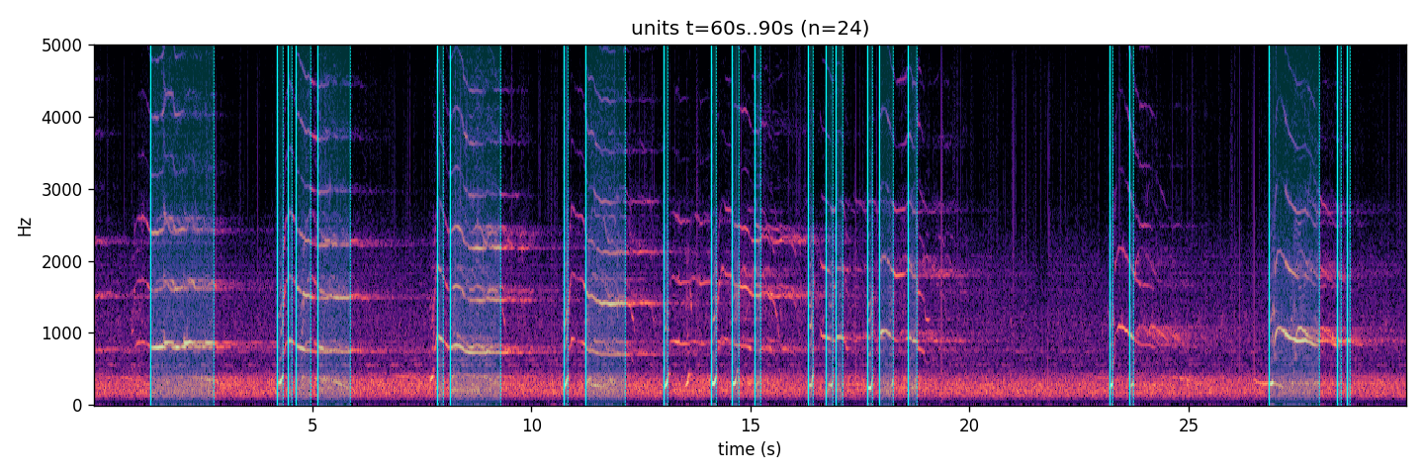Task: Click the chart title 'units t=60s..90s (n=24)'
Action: (750, 28)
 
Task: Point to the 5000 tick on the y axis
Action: (61, 46)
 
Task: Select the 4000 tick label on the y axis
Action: (61, 118)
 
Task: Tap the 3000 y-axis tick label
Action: (61, 189)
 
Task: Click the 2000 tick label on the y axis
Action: (61, 261)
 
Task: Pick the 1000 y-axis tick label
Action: (61, 333)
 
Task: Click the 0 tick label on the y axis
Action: (77, 406)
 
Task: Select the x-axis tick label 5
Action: (312, 426)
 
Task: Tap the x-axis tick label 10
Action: (531, 426)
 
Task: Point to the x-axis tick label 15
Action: (751, 426)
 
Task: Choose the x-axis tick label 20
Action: (969, 426)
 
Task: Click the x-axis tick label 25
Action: (1189, 426)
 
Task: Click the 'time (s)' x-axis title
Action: (750, 449)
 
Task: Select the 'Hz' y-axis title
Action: (24, 227)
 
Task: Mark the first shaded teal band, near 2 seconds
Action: (182, 225)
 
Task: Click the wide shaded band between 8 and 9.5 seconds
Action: (476, 225)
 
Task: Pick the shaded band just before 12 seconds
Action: (606, 225)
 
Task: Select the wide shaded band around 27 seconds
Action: (1294, 225)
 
